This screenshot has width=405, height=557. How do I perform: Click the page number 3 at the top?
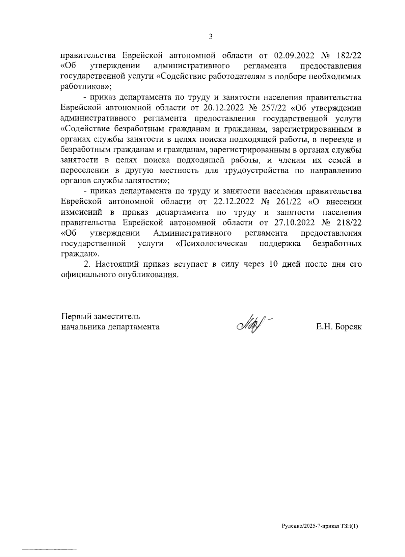click(211, 37)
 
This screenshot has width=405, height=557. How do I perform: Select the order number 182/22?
click(349, 55)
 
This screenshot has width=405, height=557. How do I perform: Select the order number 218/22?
click(349, 223)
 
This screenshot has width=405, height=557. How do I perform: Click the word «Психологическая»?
click(212, 244)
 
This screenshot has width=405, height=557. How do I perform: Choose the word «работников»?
click(85, 87)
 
